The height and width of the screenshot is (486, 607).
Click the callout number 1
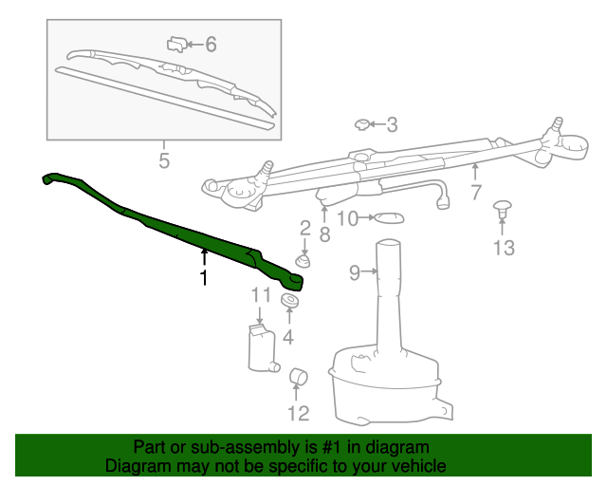tap(202, 277)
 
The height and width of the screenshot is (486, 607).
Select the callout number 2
tap(304, 228)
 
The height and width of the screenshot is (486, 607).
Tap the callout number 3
tap(392, 124)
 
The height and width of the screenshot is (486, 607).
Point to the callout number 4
tap(287, 336)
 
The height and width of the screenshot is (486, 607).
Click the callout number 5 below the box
tap(164, 160)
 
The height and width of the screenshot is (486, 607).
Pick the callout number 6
tap(211, 44)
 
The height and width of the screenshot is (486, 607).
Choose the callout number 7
tap(475, 193)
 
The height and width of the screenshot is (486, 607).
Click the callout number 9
tap(355, 273)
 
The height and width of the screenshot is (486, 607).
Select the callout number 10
tap(348, 219)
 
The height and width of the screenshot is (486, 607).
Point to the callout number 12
tap(298, 413)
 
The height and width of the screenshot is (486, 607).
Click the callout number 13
tap(503, 249)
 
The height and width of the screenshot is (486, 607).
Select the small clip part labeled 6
tap(177, 43)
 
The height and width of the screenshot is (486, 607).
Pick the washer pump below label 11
tap(259, 348)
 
